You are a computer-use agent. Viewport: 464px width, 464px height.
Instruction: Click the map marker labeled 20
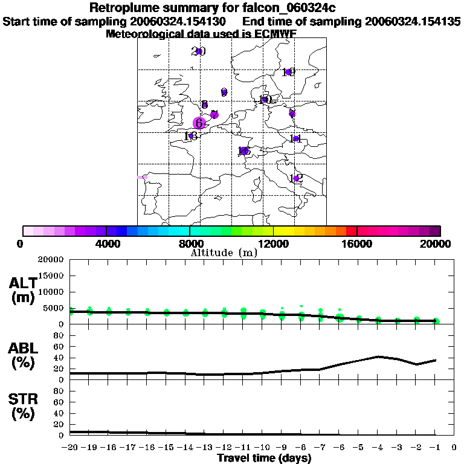point(198,51)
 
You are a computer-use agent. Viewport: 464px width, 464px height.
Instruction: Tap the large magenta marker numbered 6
point(199,123)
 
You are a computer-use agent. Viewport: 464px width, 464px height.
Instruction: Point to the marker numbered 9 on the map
point(224,92)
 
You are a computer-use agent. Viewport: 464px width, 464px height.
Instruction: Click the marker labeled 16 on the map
point(288,72)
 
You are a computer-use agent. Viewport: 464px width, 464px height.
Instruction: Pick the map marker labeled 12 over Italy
point(295,178)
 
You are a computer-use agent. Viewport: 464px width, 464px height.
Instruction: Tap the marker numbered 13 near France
point(191,136)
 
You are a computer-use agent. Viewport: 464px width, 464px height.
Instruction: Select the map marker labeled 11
point(296,139)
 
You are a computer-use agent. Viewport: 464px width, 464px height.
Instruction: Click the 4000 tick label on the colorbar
point(106,243)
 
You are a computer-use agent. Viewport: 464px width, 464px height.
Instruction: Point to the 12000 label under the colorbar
point(273,243)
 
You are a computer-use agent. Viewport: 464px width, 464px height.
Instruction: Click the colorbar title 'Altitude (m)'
point(224,253)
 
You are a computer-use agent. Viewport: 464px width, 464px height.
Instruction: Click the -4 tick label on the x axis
point(378,448)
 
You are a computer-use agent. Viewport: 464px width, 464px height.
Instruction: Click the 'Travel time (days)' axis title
point(264,458)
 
